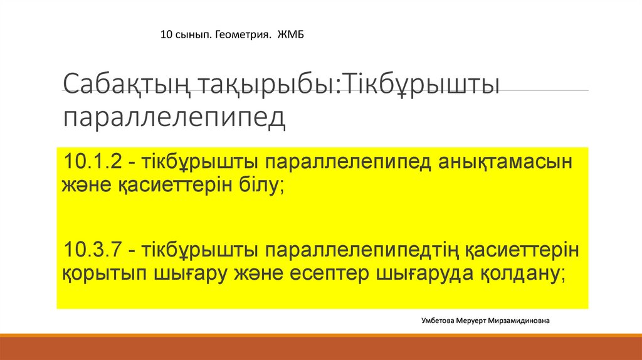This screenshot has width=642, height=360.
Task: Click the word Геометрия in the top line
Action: [x=243, y=35]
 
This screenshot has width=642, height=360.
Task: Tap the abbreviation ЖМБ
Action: [x=291, y=34]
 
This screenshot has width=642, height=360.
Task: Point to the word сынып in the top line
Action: [x=193, y=35]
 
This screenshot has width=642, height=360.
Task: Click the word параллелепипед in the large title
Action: [x=174, y=118]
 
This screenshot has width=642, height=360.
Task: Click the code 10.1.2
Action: [x=93, y=161]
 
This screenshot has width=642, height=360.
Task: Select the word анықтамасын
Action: [x=505, y=162]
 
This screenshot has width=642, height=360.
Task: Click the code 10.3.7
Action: [x=93, y=250]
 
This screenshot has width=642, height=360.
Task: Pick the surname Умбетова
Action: [x=437, y=320]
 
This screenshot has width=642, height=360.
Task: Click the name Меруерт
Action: [x=471, y=321]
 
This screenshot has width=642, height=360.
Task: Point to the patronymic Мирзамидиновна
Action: [x=518, y=320]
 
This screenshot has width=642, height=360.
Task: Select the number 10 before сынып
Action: [x=166, y=35]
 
